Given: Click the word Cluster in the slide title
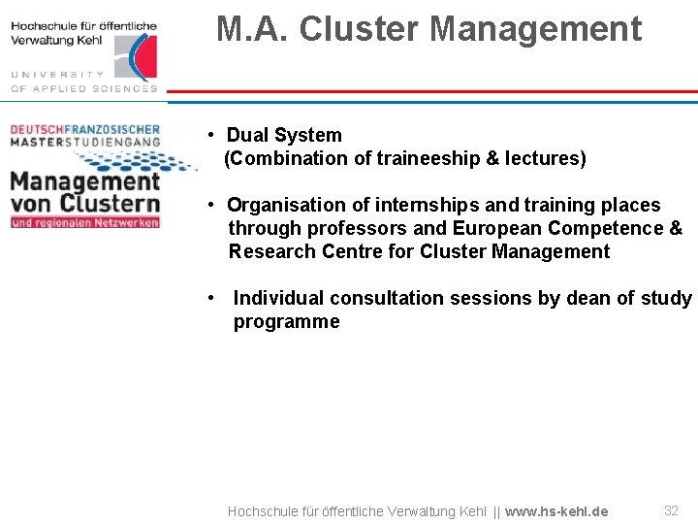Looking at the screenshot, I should click(361, 29).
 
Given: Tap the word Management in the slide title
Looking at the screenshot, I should click(536, 29).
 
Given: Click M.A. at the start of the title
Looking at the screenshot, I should click(253, 29).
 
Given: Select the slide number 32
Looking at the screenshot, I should click(671, 510).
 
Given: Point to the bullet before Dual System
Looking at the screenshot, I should click(210, 135).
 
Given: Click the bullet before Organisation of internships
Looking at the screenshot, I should click(210, 205).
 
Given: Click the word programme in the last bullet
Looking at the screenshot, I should click(286, 321).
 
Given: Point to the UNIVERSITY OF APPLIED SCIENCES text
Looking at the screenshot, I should click(82, 82).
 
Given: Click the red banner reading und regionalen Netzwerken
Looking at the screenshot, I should click(84, 222).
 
